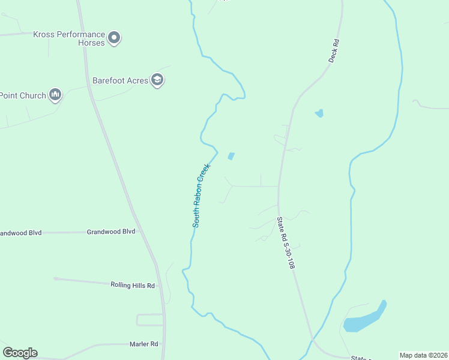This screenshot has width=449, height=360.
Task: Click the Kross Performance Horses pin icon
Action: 115,38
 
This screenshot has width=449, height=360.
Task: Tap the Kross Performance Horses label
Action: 69,38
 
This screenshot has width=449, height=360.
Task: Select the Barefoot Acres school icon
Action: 157,80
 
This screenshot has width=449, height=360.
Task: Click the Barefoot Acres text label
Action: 120,80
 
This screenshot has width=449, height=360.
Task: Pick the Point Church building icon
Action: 55,95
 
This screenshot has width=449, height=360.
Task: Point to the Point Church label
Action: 23,95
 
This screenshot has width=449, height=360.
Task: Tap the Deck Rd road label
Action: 334,52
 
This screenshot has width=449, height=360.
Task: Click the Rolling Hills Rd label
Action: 133,286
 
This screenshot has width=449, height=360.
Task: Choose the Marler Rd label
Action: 143,344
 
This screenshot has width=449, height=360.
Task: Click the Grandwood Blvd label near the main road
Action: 111,231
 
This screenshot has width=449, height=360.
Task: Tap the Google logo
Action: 20,353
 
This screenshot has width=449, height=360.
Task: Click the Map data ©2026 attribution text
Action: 424,355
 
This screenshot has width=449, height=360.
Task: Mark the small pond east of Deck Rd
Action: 319,113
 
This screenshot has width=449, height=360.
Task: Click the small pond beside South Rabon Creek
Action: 231,156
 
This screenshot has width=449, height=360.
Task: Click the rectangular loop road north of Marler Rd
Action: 149,319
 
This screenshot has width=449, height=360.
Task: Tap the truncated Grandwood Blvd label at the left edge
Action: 21,233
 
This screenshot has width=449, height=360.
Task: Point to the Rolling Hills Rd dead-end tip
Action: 55,278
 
